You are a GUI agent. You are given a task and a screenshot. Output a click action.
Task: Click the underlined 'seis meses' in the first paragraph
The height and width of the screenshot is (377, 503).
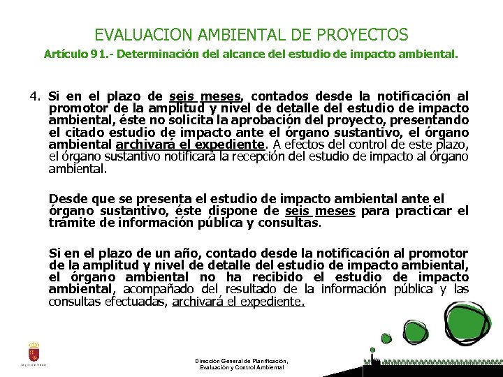click(206, 96)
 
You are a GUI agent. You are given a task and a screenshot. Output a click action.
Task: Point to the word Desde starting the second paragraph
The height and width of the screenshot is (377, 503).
click(67, 199)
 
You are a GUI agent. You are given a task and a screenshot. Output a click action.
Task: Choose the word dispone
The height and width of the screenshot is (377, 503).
click(235, 211)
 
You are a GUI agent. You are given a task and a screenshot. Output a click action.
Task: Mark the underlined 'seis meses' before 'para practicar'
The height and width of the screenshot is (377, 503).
click(321, 211)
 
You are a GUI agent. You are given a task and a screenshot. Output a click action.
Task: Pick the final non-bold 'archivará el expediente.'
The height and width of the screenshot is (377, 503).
click(238, 302)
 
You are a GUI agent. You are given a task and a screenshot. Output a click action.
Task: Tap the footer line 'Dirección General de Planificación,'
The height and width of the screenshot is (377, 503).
click(241, 361)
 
